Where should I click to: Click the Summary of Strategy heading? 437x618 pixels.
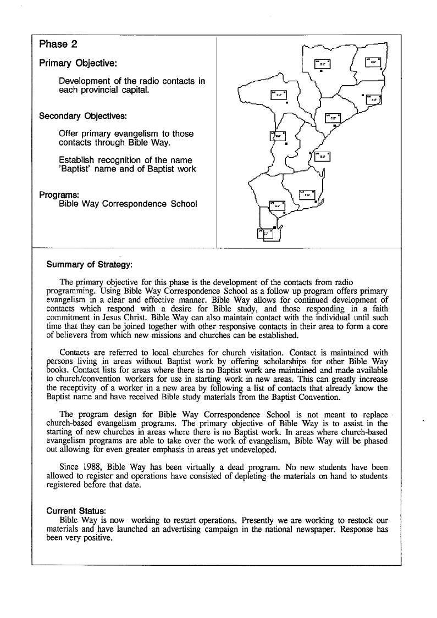pos(90,264)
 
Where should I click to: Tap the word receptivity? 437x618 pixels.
pos(80,388)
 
